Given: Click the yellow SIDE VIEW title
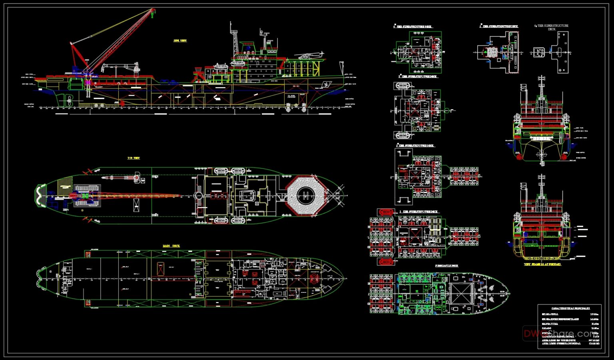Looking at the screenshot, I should pos(180,40).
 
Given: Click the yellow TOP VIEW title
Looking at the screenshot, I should pos(134,158).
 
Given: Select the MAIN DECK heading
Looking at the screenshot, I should pos(171,246).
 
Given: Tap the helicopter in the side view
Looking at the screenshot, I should pos(309,56).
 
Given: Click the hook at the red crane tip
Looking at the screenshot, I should pos(153,14).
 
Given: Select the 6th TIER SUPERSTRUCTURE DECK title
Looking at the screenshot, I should pos(552,27).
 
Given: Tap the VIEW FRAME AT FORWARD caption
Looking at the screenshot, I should pos(542,264).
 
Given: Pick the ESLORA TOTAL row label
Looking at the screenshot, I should pos(550,314).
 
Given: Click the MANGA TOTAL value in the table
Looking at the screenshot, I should pos(594,324).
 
